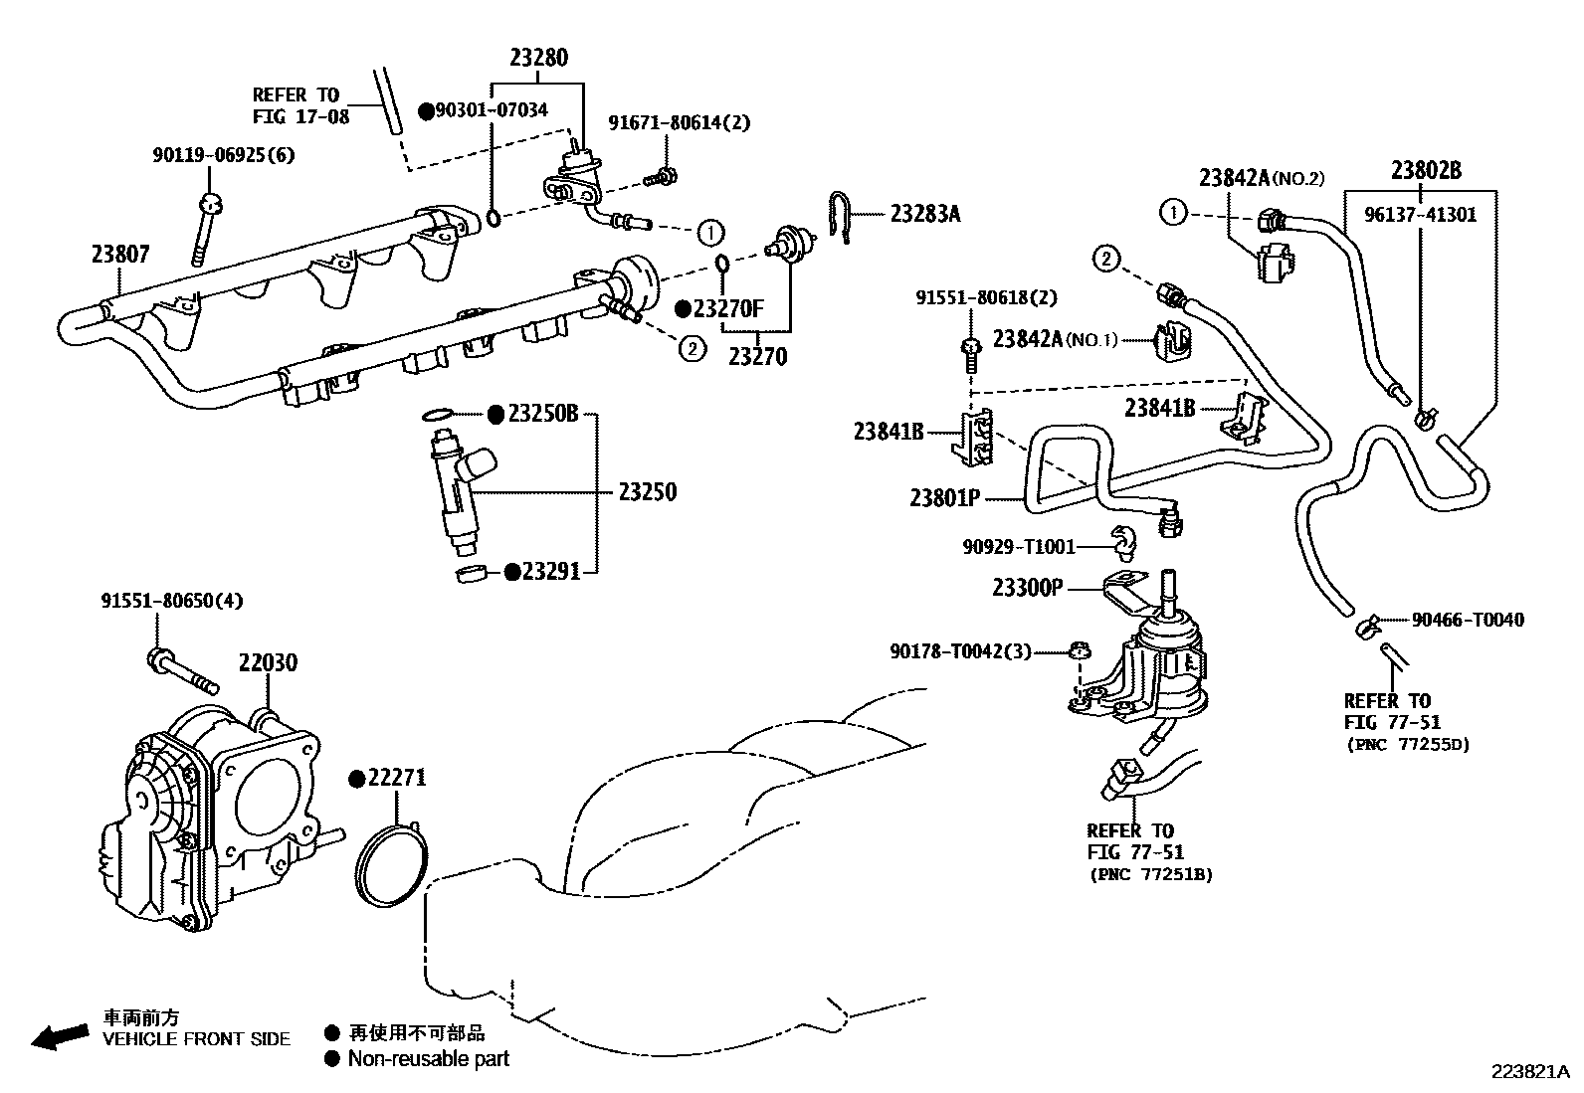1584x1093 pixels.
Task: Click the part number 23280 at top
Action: coord(538,59)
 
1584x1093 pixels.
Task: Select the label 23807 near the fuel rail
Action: coord(120,255)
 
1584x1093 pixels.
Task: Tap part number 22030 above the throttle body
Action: coord(267,662)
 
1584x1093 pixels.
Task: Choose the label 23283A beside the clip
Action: coord(924,213)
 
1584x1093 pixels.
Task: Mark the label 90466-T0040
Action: coord(1467,620)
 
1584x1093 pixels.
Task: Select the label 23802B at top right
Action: coord(1426,170)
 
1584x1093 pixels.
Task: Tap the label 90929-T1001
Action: coord(1019,546)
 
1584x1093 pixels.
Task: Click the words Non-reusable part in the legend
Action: coord(428,1059)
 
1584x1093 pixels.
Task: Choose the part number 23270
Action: coord(757,356)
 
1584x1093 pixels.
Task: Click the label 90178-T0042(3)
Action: coord(960,651)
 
